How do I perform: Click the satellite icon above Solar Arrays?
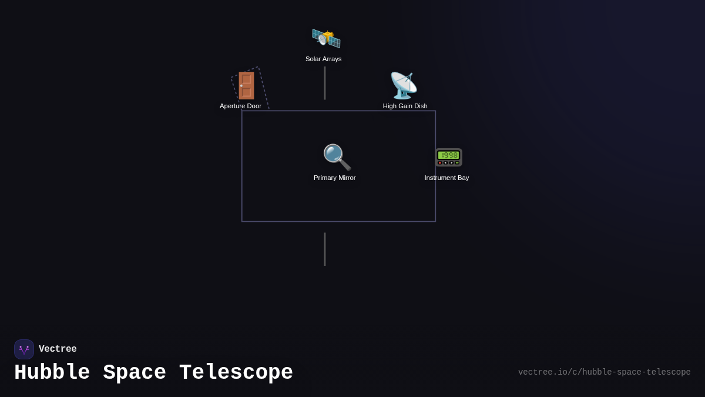coord(326,39)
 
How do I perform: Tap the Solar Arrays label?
coord(323,59)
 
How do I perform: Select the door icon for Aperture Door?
coord(246,85)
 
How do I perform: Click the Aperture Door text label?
coord(240,106)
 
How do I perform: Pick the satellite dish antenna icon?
coord(404,85)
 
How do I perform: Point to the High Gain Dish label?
coord(405,106)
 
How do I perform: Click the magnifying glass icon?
coord(337,157)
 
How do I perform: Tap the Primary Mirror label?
coord(334,178)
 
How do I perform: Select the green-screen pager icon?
coord(448,157)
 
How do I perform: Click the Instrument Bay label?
coord(446,178)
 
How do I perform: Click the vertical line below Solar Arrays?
coord(324,83)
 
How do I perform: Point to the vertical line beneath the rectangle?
coord(324,249)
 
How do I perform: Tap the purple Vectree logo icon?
coord(24,349)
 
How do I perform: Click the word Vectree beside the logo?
coord(58,349)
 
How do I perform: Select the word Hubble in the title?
coord(52,373)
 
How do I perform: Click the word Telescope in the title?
coord(236,373)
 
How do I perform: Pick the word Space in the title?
coord(135,373)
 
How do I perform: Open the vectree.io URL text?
coord(604,372)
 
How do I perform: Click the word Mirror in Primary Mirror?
coord(345,178)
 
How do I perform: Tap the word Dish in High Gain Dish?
coord(420,106)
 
